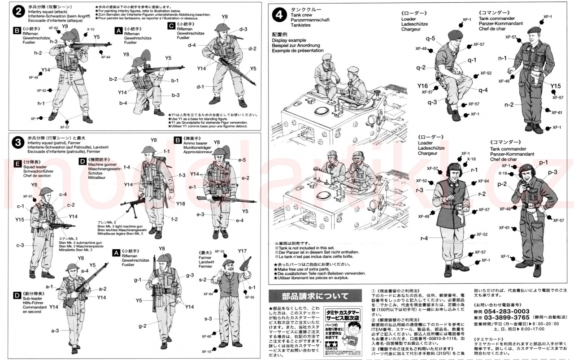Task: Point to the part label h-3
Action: click(53, 41)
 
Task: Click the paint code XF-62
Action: click(53, 28)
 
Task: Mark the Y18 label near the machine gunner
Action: click(180, 204)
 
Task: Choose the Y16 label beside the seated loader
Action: click(423, 86)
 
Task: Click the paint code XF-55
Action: click(249, 297)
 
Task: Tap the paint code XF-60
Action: click(206, 336)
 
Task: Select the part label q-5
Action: click(430, 39)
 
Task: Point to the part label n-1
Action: click(502, 58)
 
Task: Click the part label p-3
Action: click(552, 172)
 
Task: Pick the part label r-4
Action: click(424, 238)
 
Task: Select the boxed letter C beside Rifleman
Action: click(171, 26)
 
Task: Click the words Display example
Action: click(288, 40)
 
